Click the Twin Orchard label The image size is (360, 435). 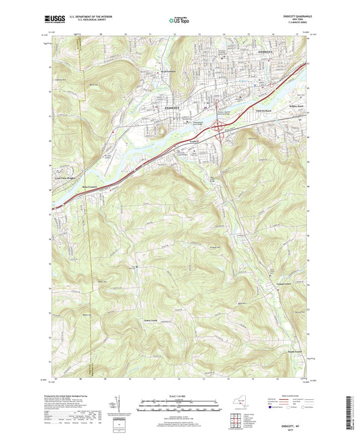point(263,109)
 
